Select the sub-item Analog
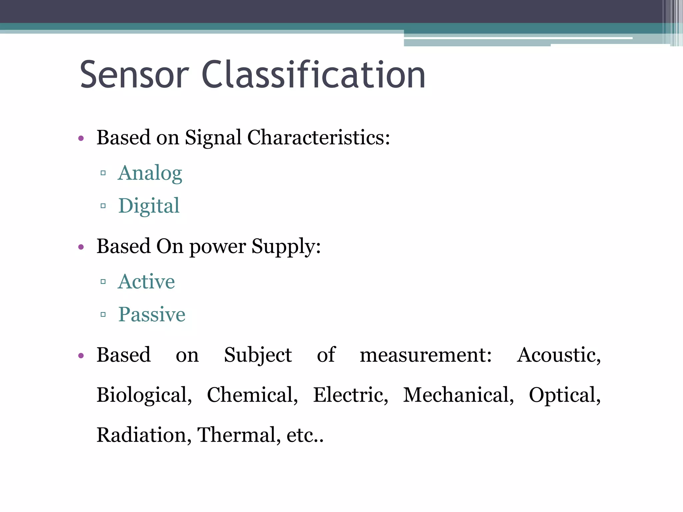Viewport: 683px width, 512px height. click(150, 173)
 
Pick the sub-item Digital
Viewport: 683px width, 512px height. click(149, 206)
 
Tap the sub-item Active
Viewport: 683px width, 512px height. click(146, 281)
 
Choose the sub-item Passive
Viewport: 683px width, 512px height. click(152, 314)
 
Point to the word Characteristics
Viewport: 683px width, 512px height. click(318, 137)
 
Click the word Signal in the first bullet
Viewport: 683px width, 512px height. click(213, 137)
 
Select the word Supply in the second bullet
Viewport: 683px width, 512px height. click(286, 247)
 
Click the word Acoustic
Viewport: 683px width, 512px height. click(559, 355)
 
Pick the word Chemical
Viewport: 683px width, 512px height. click(252, 395)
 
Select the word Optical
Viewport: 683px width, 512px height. click(565, 395)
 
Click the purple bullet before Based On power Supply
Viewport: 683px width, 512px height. click(81, 247)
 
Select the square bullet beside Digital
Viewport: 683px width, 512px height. click(103, 206)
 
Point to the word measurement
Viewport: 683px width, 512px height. click(426, 355)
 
